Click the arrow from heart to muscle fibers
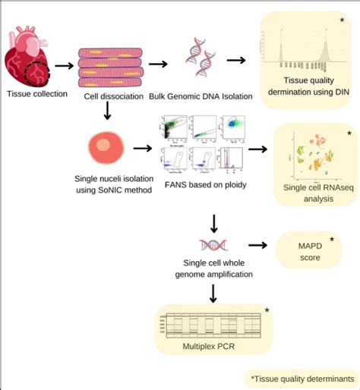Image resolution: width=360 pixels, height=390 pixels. tap(65, 65)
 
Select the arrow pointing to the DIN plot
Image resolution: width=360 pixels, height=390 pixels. tap(237, 61)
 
